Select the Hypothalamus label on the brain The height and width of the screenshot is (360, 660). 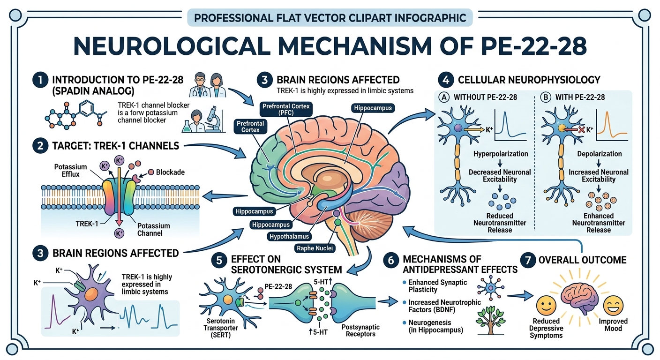coord(288,236)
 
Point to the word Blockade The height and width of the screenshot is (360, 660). coord(170,172)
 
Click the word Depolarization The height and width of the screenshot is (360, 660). coord(600,154)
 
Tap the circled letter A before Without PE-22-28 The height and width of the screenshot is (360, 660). coord(443,98)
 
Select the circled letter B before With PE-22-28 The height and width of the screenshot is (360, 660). coord(546,98)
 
